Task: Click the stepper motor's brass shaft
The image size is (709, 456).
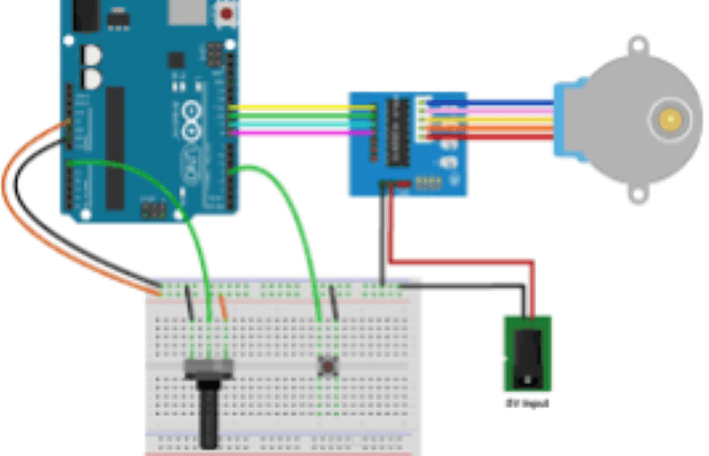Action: pos(666,118)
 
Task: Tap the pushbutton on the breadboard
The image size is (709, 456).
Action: pos(330,364)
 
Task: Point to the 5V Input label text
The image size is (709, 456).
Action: pos(528,404)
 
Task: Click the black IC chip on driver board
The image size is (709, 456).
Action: pos(398,132)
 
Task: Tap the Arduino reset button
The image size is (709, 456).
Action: pos(227,13)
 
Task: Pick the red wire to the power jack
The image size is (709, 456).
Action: pos(461,262)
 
